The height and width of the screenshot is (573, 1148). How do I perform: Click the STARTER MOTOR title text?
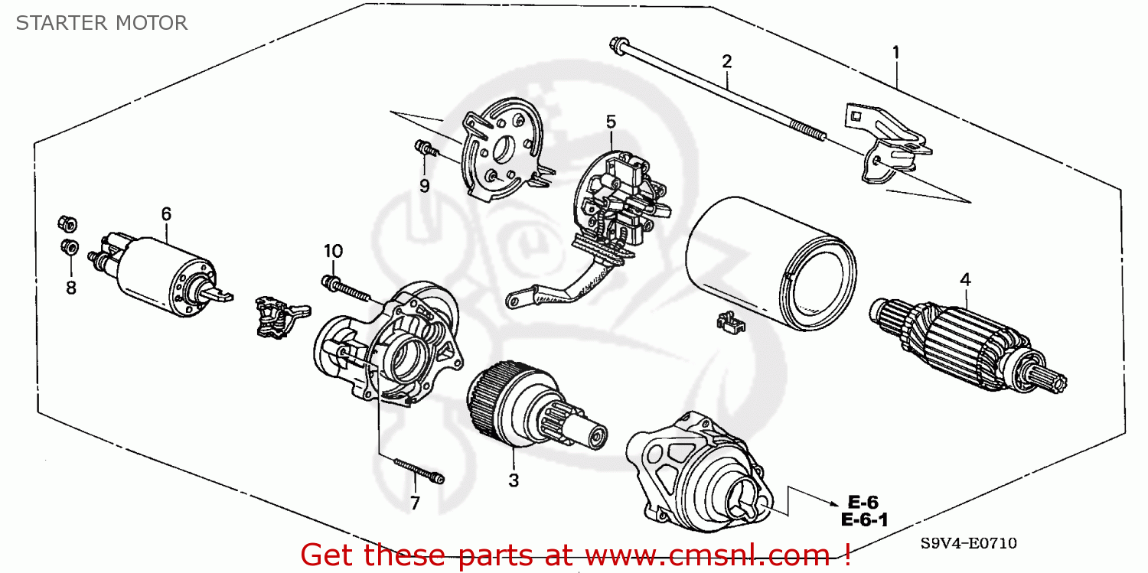pyautogui.click(x=102, y=23)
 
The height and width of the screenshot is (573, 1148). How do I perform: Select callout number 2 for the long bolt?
pyautogui.click(x=726, y=60)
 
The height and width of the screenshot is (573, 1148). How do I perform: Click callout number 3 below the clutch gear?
pyautogui.click(x=514, y=480)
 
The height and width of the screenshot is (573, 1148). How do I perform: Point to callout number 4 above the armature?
pyautogui.click(x=965, y=281)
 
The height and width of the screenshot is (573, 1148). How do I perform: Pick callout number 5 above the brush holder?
pyautogui.click(x=611, y=121)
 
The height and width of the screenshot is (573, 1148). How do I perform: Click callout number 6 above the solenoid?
pyautogui.click(x=166, y=213)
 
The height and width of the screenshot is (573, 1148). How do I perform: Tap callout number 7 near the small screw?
pyautogui.click(x=415, y=503)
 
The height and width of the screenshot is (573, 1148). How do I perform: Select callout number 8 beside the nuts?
pyautogui.click(x=71, y=288)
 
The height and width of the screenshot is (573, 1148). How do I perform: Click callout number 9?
pyautogui.click(x=424, y=185)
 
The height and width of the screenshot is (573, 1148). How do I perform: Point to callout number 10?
pyautogui.click(x=333, y=251)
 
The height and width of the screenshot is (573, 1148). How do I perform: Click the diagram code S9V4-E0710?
pyautogui.click(x=969, y=543)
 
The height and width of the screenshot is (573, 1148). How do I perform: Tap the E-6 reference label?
pyautogui.click(x=863, y=503)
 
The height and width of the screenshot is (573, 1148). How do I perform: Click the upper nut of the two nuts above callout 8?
pyautogui.click(x=67, y=223)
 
